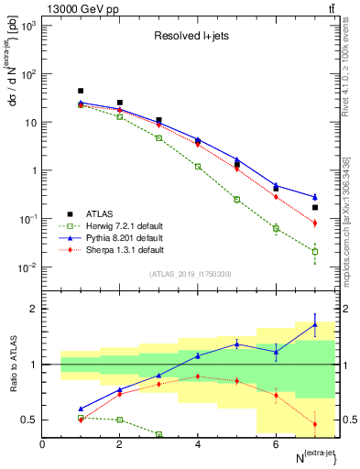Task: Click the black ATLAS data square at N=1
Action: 81,91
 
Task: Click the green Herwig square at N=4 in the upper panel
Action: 198,167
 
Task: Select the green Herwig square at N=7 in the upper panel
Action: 315,251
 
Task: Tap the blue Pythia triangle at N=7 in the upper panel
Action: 315,197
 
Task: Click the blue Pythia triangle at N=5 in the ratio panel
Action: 237,344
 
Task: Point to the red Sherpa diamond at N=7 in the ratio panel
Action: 315,424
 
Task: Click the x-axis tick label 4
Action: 198,444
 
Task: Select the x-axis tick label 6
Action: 276,444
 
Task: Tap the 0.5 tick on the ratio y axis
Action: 28,420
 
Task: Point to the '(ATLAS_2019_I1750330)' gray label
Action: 190,273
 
